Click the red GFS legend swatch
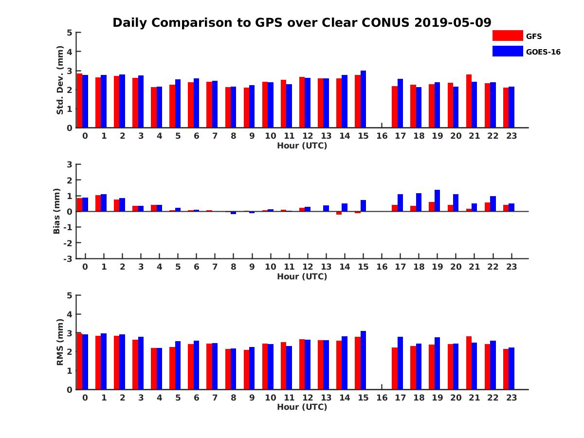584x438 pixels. coord(508,36)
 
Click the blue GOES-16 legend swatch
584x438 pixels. coord(508,51)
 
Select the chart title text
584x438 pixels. coord(302,22)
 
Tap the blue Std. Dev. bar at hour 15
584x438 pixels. coord(363,99)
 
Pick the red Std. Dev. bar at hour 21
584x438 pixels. coord(469,101)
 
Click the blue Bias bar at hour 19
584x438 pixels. coord(437,201)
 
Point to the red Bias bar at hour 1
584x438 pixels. coord(98,203)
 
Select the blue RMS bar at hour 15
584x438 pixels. coord(363,360)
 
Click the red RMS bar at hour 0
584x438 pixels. coord(79,361)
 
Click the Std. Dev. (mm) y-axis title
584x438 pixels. coord(60,80)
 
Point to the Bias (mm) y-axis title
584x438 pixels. coord(57,211)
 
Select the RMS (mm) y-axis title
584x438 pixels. coord(60,342)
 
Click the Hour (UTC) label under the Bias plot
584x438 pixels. coord(302,276)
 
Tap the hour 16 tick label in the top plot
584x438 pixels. coord(382,136)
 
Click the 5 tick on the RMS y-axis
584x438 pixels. coord(70,295)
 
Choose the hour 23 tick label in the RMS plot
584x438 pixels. coord(511,398)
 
